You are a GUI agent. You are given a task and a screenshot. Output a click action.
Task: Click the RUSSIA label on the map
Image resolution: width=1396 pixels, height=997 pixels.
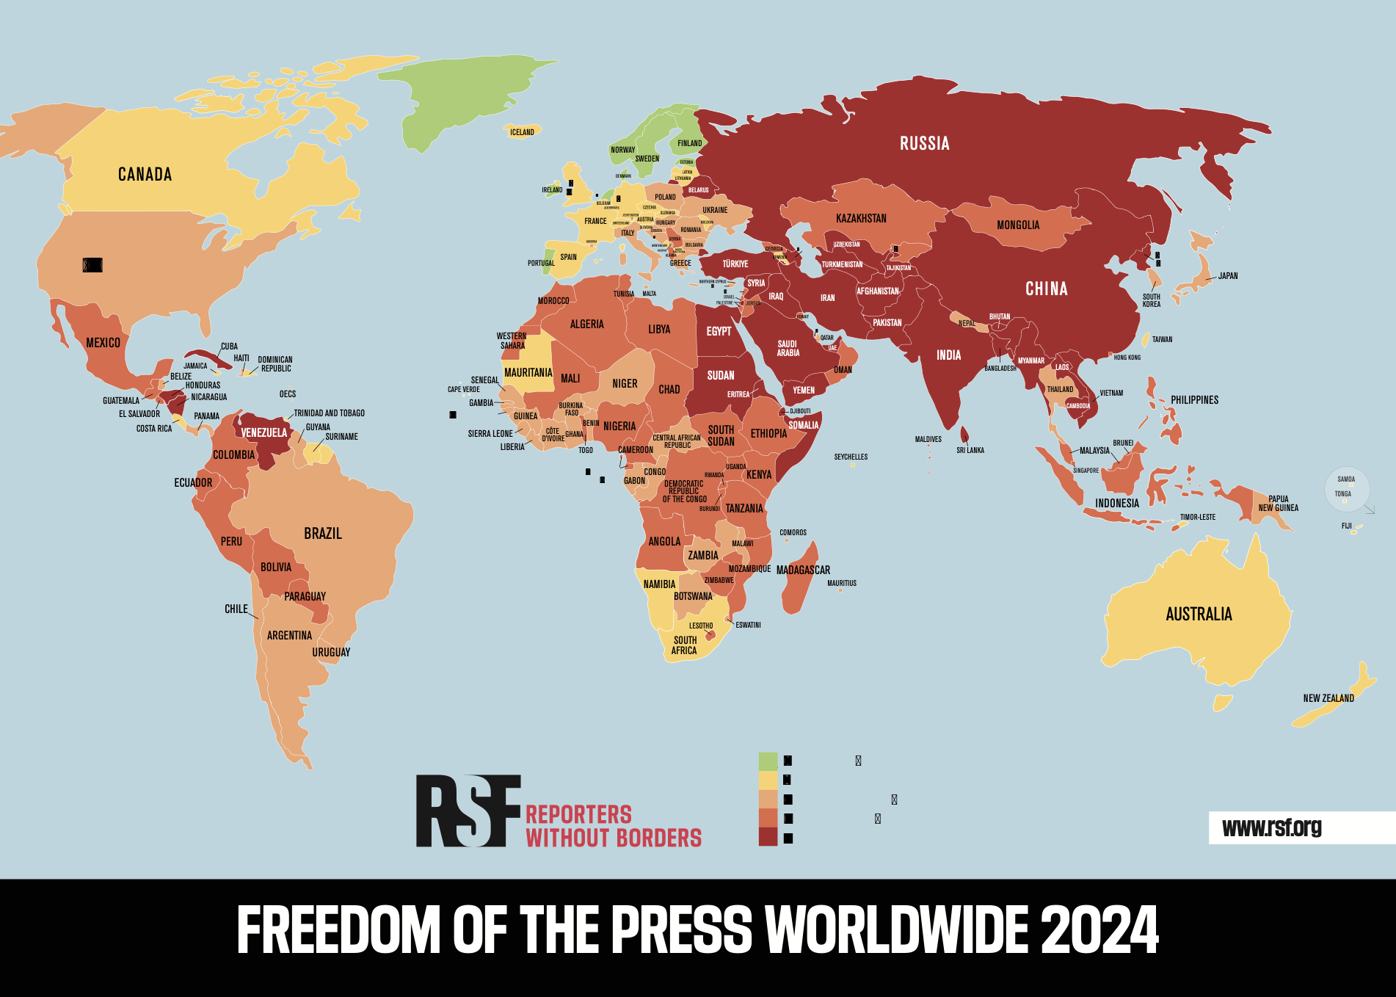pos(925,143)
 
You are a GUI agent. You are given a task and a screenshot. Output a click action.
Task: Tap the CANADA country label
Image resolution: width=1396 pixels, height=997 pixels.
pos(145,174)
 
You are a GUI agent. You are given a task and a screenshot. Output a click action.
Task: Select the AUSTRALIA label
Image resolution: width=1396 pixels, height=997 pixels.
pos(1199,614)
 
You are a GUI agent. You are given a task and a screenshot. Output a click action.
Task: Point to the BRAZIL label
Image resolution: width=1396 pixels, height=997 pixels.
pos(323,533)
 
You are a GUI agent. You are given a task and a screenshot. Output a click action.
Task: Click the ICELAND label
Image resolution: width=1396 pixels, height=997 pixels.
pos(522,132)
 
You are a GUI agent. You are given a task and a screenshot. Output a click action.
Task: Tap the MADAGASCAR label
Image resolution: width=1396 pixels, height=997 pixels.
pos(803,570)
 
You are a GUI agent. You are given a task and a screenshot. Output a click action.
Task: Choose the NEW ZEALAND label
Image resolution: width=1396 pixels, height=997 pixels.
pos(1328,698)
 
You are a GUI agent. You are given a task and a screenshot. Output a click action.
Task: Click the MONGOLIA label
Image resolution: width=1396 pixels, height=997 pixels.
pos(1018,225)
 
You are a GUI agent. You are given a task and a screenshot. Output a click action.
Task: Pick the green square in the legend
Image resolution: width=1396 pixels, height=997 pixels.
pos(768,761)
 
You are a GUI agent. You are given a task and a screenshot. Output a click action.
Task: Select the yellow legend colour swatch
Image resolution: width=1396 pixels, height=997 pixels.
pos(768,780)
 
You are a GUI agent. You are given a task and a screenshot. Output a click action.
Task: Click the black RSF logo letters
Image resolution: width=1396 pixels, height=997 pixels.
pos(468,811)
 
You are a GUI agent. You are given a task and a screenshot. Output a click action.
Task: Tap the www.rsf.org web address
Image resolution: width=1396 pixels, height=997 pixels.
pos(1271,827)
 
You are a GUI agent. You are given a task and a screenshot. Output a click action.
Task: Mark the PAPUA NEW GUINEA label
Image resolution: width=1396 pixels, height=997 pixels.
pos(1278,503)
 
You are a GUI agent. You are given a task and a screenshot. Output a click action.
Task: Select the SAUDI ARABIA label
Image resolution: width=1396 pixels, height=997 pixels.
pos(788,348)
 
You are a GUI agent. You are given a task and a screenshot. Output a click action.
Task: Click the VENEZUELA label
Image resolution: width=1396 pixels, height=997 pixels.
pos(264,432)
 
